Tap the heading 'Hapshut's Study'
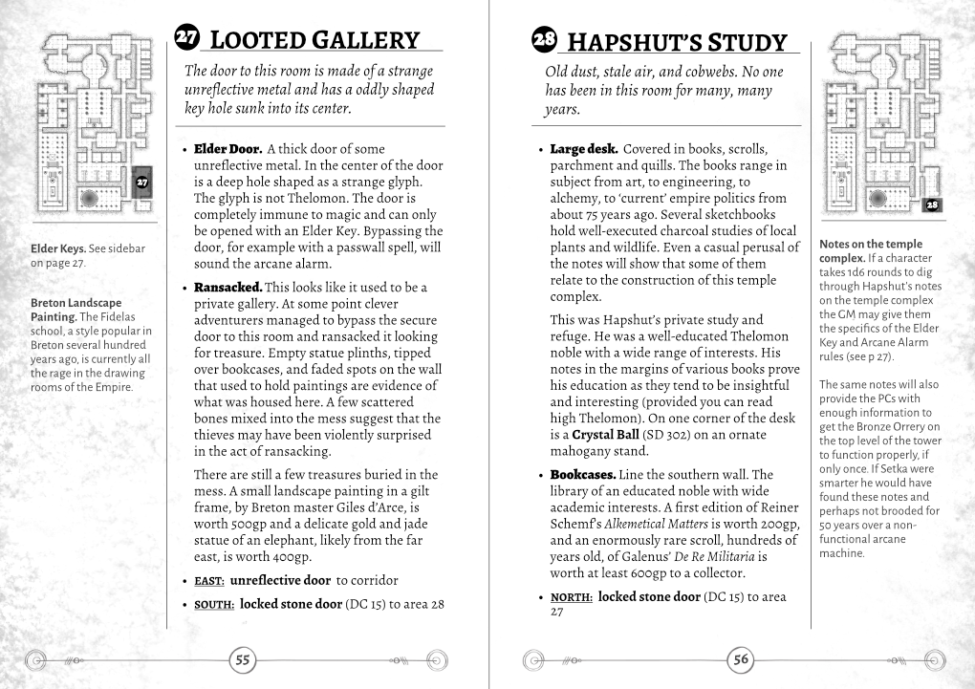(x=676, y=42)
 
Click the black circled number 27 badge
(x=187, y=37)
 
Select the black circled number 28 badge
(x=544, y=40)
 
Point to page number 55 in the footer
(x=243, y=660)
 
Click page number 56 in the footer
(x=742, y=660)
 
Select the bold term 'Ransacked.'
(x=227, y=287)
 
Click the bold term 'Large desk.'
(x=584, y=149)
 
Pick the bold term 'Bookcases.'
(x=582, y=474)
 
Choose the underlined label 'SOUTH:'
(x=215, y=604)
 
